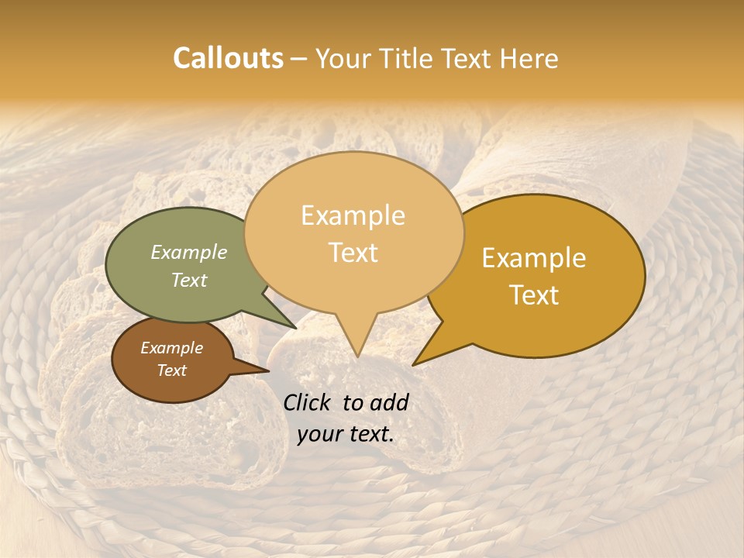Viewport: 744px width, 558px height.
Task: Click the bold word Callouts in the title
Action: pyautogui.click(x=228, y=58)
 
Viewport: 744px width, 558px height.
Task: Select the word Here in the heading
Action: pyautogui.click(x=529, y=58)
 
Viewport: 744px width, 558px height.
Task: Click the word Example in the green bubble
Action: pyautogui.click(x=189, y=252)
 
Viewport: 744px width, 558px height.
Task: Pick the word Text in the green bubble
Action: pyautogui.click(x=189, y=280)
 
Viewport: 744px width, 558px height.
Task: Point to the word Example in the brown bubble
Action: pyautogui.click(x=171, y=348)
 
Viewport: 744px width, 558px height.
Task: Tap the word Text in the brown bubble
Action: pyautogui.click(x=171, y=370)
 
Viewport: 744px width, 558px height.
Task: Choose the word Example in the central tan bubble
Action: pyautogui.click(x=353, y=215)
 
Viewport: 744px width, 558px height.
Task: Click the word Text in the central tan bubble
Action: pyautogui.click(x=353, y=253)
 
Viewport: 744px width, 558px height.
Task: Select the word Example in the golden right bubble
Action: pyautogui.click(x=534, y=258)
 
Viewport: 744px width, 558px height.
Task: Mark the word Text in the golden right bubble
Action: pyautogui.click(x=534, y=295)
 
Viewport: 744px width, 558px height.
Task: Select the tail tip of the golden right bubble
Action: pyautogui.click(x=414, y=364)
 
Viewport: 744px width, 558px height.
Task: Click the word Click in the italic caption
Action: pyautogui.click(x=308, y=402)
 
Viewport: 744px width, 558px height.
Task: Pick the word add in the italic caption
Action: pyautogui.click(x=390, y=402)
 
